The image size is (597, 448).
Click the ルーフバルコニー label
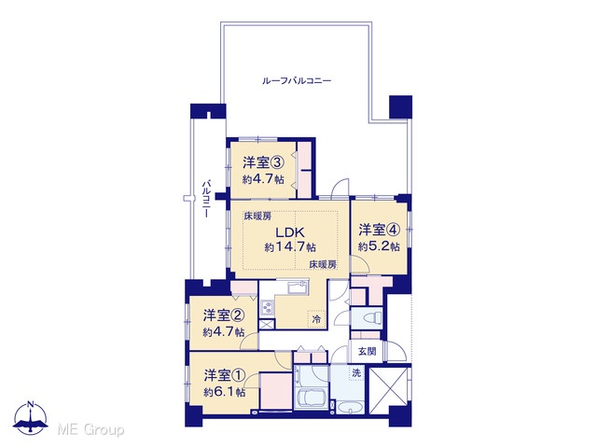coord(297,81)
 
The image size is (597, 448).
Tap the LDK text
coord(290,232)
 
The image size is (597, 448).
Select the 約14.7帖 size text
coord(290,247)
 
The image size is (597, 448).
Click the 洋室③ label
coord(263,163)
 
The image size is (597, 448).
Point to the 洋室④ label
coord(380,231)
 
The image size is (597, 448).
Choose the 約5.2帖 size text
coord(379,246)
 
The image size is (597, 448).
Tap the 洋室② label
coord(224,315)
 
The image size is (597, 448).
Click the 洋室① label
coord(224,375)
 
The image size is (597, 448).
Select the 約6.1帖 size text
coord(224,392)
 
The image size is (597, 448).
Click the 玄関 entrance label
coord(367,351)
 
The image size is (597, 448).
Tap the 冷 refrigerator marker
coord(316,319)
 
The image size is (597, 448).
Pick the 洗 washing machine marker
coord(356,373)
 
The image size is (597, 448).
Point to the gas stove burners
coord(268,307)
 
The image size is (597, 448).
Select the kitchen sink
coord(298,287)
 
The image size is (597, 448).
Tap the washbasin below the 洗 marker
coord(350,407)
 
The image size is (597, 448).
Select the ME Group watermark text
coord(90,429)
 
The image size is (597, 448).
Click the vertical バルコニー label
coord(206,199)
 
